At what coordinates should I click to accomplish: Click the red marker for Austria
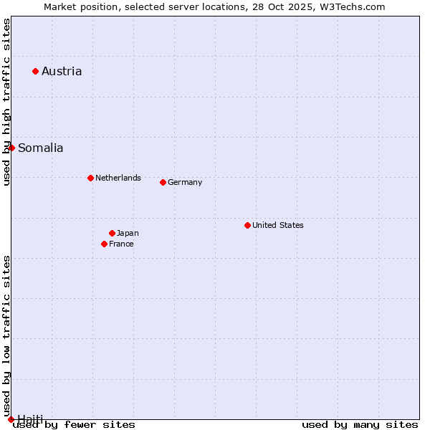coord(35,71)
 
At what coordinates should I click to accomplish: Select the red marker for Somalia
coord(11,148)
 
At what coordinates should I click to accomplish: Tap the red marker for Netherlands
coord(90,178)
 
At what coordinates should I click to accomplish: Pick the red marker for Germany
coord(163,182)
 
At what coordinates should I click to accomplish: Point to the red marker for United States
coord(247,225)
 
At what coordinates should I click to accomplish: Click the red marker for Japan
coord(112,233)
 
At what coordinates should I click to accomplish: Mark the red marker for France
coord(104,244)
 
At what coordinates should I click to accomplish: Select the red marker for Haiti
coord(11,419)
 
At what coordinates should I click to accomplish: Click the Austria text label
coord(62,71)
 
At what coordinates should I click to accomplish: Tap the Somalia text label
coord(40,148)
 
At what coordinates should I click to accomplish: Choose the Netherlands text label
coord(118,178)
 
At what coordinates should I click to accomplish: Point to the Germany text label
coord(185,182)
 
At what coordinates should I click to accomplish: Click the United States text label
coord(278,225)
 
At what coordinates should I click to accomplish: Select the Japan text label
coord(128,233)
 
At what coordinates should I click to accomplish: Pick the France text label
coord(121,244)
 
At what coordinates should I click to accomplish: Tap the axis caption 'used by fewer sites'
coord(74,424)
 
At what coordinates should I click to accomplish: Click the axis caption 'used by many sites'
coord(360,424)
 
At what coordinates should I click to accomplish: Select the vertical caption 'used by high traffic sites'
coord(7,102)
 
